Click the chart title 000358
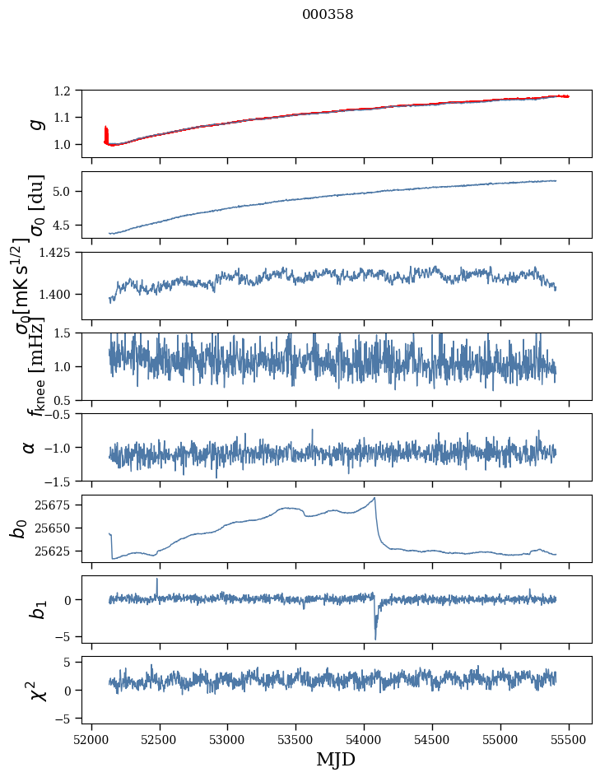click(328, 14)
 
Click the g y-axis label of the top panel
click(35, 123)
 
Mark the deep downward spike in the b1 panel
click(375, 638)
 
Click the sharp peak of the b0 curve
click(374, 498)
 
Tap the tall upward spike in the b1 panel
click(157, 579)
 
